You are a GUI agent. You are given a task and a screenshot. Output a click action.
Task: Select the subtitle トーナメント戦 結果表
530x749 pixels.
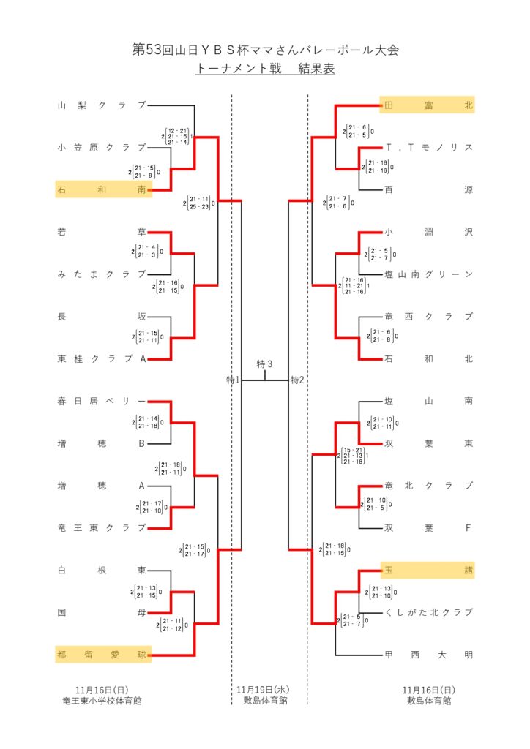point(265,70)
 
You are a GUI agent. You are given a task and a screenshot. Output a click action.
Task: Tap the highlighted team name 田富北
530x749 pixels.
point(428,105)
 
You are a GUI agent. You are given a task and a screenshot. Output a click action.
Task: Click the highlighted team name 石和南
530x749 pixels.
point(102,190)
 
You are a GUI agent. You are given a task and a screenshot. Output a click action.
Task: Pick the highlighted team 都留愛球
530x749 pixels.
point(102,655)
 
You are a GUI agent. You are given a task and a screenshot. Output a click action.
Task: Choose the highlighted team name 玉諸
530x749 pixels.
point(428,571)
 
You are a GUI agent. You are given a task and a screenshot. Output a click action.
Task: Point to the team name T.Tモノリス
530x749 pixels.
point(429,148)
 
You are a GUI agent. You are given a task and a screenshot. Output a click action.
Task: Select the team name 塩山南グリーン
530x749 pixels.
point(429,274)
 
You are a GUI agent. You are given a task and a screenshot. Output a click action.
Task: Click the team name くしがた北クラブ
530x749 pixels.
point(429,612)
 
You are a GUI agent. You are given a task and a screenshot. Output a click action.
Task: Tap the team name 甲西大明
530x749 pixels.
point(429,655)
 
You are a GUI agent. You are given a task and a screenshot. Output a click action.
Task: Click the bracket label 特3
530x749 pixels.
point(264,364)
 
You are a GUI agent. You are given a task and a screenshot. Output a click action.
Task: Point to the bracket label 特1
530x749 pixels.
point(234,380)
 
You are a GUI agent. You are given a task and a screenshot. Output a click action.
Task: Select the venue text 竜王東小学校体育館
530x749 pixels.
point(102,701)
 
